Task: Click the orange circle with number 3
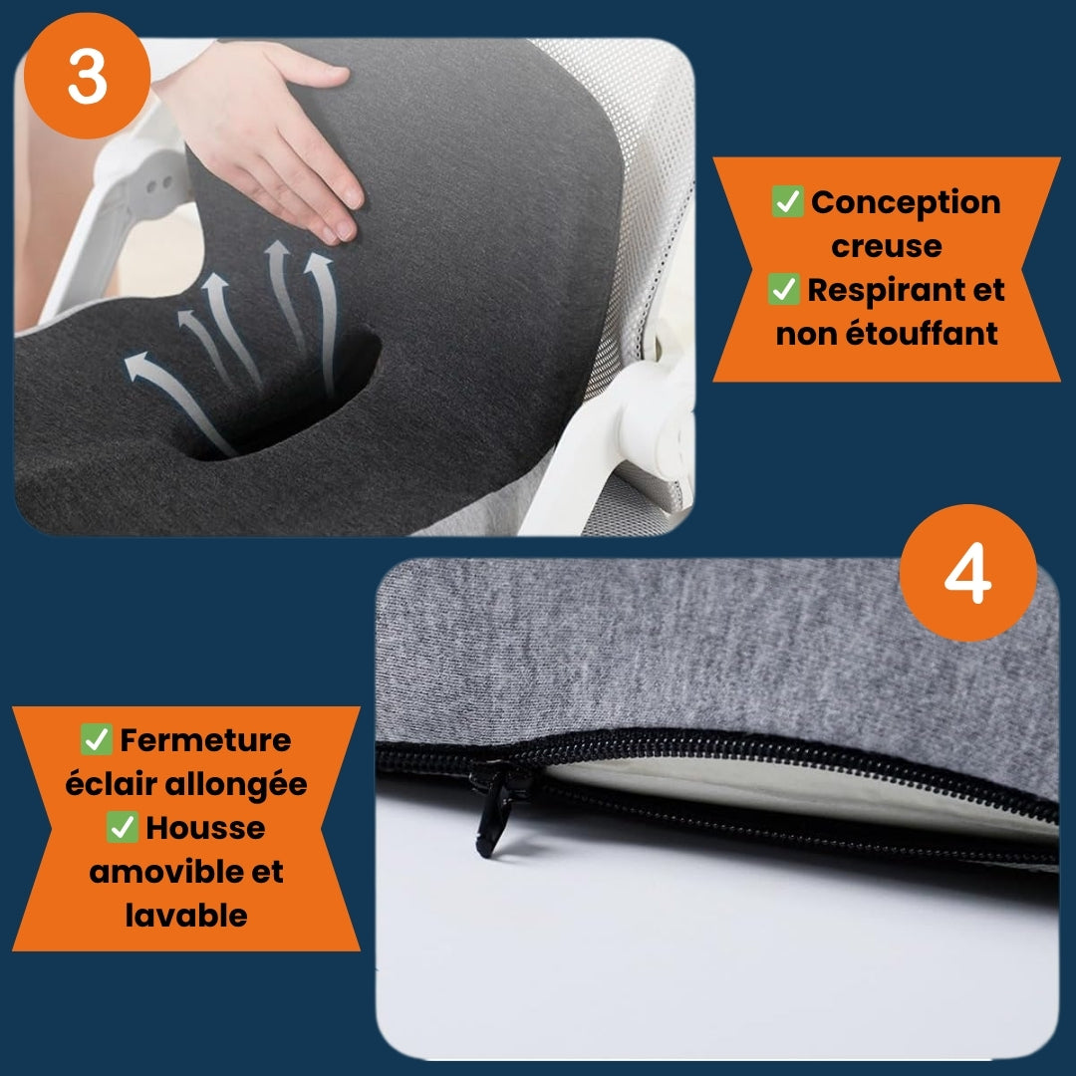click(87, 76)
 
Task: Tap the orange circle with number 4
click(967, 573)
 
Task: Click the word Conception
click(906, 202)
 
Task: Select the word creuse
click(886, 246)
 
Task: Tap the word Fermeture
click(205, 740)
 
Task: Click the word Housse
click(205, 828)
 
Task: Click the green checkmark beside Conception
click(787, 201)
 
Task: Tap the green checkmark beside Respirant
click(784, 289)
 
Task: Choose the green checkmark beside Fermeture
click(96, 739)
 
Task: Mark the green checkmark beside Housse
click(123, 827)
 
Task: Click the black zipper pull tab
click(491, 813)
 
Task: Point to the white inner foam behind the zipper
click(789, 789)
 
